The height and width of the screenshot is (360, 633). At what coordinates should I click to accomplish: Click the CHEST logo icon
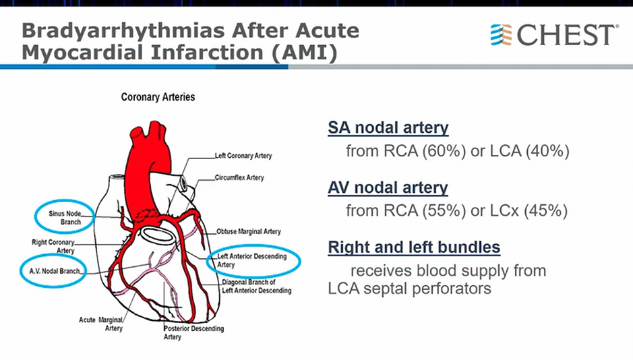point(501,34)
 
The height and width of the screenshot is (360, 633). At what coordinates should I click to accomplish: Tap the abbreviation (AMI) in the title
point(305,53)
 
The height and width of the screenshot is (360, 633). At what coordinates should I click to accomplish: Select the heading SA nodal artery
point(388,127)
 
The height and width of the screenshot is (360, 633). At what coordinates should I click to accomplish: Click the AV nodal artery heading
point(388,187)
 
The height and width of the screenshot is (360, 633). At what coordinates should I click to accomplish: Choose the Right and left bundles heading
point(414,247)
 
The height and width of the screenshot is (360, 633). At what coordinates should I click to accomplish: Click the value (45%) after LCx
point(546,210)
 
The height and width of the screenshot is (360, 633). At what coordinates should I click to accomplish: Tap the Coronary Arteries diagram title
point(158,97)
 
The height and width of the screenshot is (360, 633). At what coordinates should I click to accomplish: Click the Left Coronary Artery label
point(243,156)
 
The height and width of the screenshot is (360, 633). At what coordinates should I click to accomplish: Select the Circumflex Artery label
point(239,177)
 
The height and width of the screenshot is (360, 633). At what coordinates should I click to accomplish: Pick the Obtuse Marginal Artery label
point(249,232)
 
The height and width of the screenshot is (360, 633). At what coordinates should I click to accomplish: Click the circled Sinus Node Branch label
point(65,218)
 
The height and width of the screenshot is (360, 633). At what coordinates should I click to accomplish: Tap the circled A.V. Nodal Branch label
point(55,271)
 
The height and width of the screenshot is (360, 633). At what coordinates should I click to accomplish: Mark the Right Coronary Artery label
point(53,246)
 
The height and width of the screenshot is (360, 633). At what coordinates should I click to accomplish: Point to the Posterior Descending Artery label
point(193,332)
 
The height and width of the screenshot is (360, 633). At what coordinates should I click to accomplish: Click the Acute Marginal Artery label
point(101,324)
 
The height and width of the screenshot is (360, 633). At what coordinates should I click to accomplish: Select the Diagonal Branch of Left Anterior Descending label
point(256,286)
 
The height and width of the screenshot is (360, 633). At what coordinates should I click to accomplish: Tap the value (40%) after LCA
point(547,151)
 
